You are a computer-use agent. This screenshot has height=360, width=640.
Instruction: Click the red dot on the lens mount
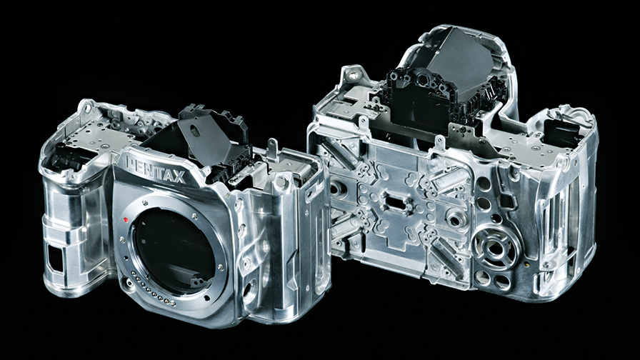(126, 221)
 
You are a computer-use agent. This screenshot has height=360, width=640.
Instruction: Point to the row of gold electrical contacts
(154, 289)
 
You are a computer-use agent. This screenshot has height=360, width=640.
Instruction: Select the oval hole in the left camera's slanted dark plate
(196, 131)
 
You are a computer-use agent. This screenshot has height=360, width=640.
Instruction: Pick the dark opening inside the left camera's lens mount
(174, 250)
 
